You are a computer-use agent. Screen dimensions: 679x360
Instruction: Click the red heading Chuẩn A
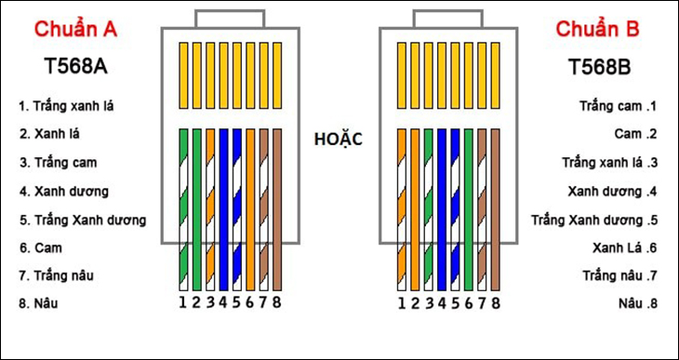(x=75, y=30)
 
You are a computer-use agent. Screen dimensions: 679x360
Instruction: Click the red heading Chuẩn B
(x=598, y=30)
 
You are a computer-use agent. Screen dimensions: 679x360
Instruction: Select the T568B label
(x=602, y=67)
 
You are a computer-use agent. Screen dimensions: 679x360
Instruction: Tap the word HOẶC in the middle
(x=339, y=140)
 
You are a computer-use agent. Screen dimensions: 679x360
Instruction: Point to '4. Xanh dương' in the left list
(x=64, y=192)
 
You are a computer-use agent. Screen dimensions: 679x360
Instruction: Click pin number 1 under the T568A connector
(x=183, y=302)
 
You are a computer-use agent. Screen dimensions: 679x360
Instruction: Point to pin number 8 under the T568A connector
(x=277, y=302)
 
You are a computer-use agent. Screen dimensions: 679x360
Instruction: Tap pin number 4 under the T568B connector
(x=442, y=302)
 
